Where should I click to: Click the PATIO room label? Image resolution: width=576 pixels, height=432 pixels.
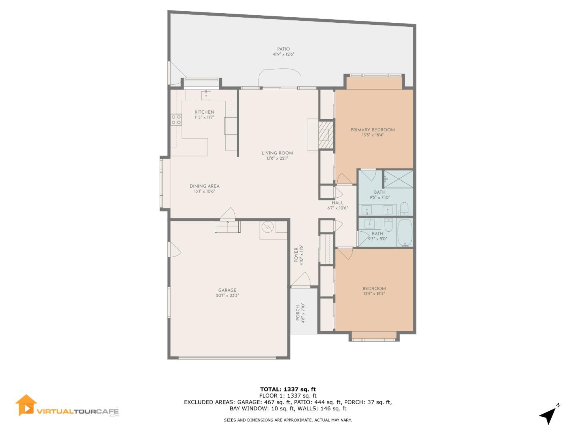(x=283, y=49)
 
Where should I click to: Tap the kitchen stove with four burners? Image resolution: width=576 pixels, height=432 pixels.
(x=176, y=119)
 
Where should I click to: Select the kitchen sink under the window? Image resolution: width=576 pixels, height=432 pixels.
(x=206, y=95)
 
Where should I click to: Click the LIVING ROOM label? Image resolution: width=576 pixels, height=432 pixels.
(x=277, y=153)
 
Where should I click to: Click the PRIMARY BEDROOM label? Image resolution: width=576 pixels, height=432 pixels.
(x=372, y=130)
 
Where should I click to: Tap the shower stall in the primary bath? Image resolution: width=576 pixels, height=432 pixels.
(x=398, y=179)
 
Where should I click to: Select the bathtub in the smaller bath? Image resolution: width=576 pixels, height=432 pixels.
(x=405, y=232)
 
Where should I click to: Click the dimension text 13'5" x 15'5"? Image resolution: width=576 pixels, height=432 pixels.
(x=374, y=294)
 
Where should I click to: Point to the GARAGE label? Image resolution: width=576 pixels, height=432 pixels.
(x=227, y=290)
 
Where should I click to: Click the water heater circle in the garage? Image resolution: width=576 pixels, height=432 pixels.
(x=267, y=228)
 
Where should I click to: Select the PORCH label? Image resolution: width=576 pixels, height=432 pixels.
(x=298, y=313)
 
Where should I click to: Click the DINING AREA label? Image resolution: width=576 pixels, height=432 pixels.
(x=204, y=186)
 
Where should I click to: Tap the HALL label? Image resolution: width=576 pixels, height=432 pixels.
(x=337, y=203)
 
